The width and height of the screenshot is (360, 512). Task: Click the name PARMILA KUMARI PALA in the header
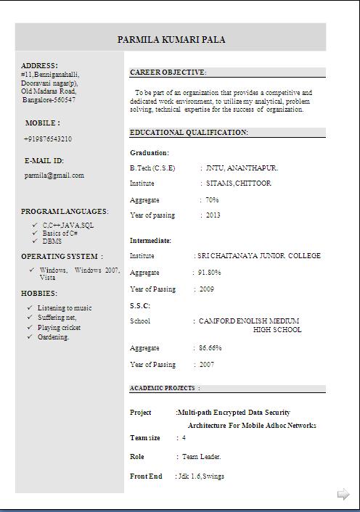click(171, 40)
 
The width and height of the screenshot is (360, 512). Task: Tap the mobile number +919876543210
click(48, 139)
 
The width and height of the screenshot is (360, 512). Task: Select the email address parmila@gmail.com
click(54, 176)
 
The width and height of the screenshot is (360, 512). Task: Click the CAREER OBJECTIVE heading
click(168, 73)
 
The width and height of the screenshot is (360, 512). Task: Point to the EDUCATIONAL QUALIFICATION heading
click(189, 133)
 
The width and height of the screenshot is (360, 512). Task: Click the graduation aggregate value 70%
click(212, 199)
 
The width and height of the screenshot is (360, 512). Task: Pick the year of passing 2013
click(213, 215)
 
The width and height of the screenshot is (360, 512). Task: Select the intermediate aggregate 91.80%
click(210, 273)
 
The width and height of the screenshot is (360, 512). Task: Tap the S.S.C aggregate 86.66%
click(210, 348)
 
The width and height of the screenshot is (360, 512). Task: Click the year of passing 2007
click(207, 365)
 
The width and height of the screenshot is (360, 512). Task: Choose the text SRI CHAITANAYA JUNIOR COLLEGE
click(259, 256)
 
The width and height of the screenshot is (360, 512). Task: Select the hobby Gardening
click(54, 337)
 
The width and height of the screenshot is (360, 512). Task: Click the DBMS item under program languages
click(52, 241)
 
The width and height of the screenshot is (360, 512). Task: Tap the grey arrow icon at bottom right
click(343, 495)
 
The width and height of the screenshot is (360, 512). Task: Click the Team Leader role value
click(201, 457)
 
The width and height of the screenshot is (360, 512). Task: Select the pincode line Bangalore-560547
click(49, 99)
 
